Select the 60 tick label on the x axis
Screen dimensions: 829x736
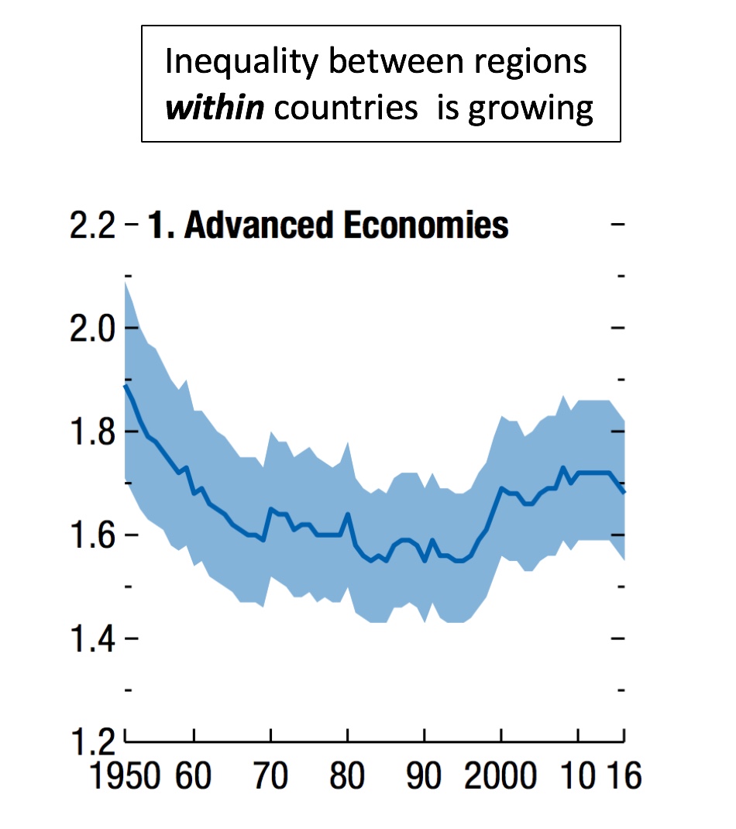194,775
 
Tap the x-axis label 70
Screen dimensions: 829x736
271,775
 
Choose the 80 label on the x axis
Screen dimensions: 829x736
348,775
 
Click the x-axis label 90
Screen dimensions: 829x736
425,775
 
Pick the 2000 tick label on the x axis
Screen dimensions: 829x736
501,775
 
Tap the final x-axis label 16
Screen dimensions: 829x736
624,775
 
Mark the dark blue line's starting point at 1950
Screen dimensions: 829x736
126,385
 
